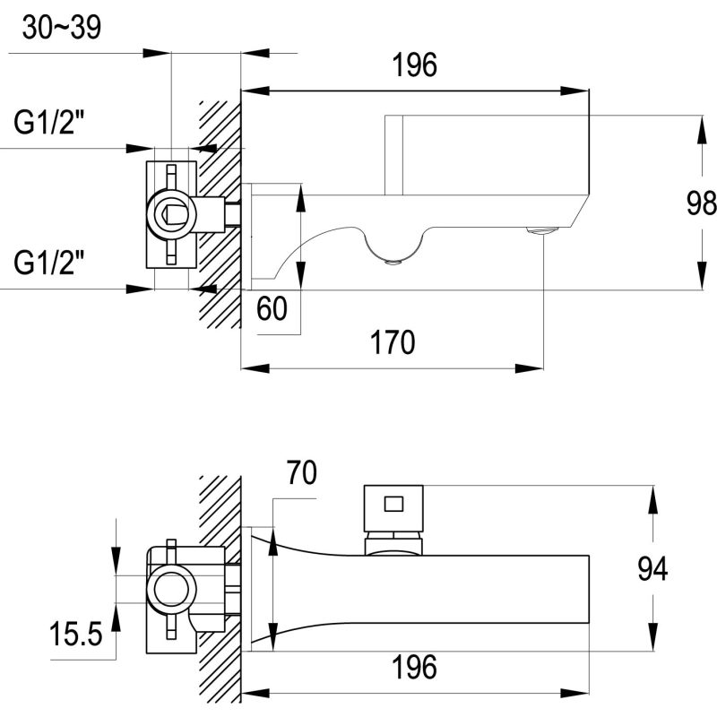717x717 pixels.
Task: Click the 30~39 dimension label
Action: pyautogui.click(x=62, y=28)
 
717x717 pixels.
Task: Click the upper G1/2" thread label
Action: pyautogui.click(x=49, y=122)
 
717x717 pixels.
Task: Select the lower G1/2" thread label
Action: pyautogui.click(x=49, y=263)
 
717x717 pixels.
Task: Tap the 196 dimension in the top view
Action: pyautogui.click(x=415, y=65)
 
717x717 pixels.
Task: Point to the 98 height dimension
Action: pyautogui.click(x=701, y=203)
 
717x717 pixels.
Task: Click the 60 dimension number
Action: pyautogui.click(x=272, y=308)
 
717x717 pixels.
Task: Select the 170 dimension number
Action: pyautogui.click(x=393, y=342)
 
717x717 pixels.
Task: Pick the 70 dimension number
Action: pyautogui.click(x=301, y=473)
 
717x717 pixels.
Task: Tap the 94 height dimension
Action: pyautogui.click(x=652, y=569)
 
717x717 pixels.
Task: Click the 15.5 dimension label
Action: pyautogui.click(x=75, y=635)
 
